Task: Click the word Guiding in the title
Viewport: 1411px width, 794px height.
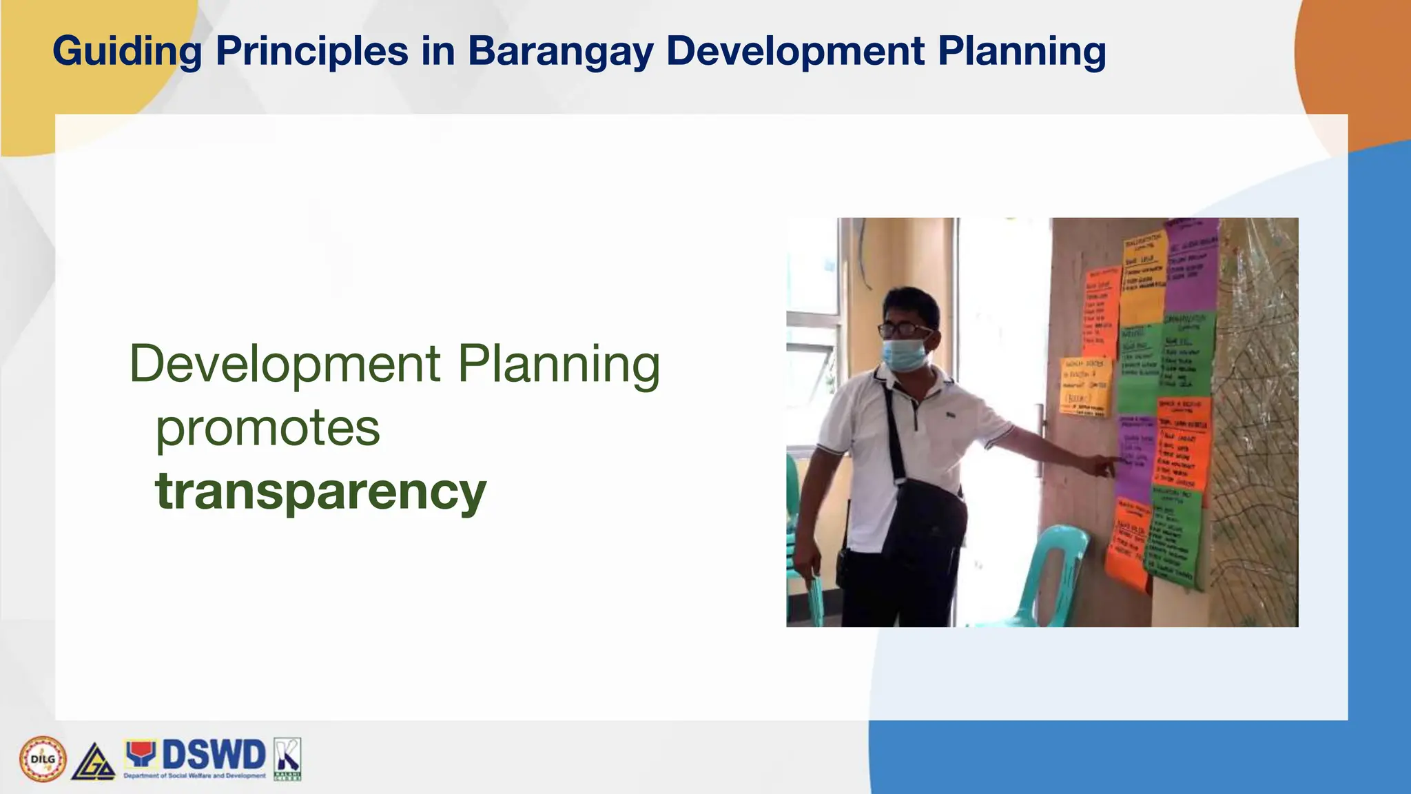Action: pyautogui.click(x=127, y=52)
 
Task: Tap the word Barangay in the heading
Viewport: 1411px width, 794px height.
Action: pyautogui.click(x=559, y=52)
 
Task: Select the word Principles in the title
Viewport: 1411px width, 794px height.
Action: pyautogui.click(x=311, y=52)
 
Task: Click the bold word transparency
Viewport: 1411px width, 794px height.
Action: pyautogui.click(x=321, y=491)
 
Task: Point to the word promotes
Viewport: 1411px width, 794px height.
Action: pyautogui.click(x=267, y=428)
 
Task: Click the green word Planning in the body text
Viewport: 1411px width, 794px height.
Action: pyautogui.click(x=559, y=364)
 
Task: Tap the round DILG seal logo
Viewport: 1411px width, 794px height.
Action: pyautogui.click(x=43, y=759)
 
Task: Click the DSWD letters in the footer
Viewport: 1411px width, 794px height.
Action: pyautogui.click(x=213, y=755)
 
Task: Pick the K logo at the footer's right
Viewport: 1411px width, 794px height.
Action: pyautogui.click(x=287, y=757)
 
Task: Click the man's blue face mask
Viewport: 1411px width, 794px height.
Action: pyautogui.click(x=905, y=354)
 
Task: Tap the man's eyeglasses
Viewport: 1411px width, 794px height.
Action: pyautogui.click(x=905, y=329)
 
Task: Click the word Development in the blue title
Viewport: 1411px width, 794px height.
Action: pyautogui.click(x=794, y=52)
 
